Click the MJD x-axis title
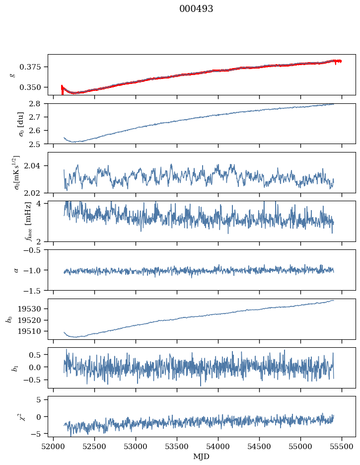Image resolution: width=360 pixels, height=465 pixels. pos(201,457)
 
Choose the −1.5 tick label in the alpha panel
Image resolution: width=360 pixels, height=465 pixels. pos(34,290)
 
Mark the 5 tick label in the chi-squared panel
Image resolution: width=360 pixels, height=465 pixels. pos(42,399)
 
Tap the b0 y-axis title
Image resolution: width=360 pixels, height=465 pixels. pos(8,319)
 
